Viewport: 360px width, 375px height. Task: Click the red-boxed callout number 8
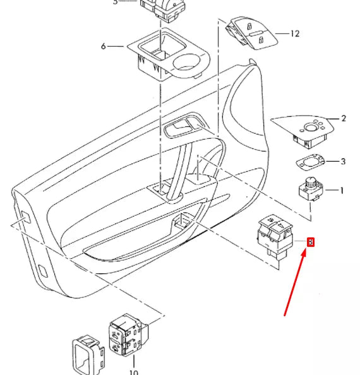tap(310, 242)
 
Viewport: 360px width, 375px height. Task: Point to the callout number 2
tap(344, 118)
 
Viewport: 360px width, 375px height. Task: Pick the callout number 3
tap(343, 162)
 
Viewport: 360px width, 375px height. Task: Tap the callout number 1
tap(342, 190)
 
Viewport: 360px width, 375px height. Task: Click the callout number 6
tap(103, 46)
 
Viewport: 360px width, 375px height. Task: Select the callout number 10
tap(133, 372)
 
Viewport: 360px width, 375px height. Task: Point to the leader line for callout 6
tap(117, 46)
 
